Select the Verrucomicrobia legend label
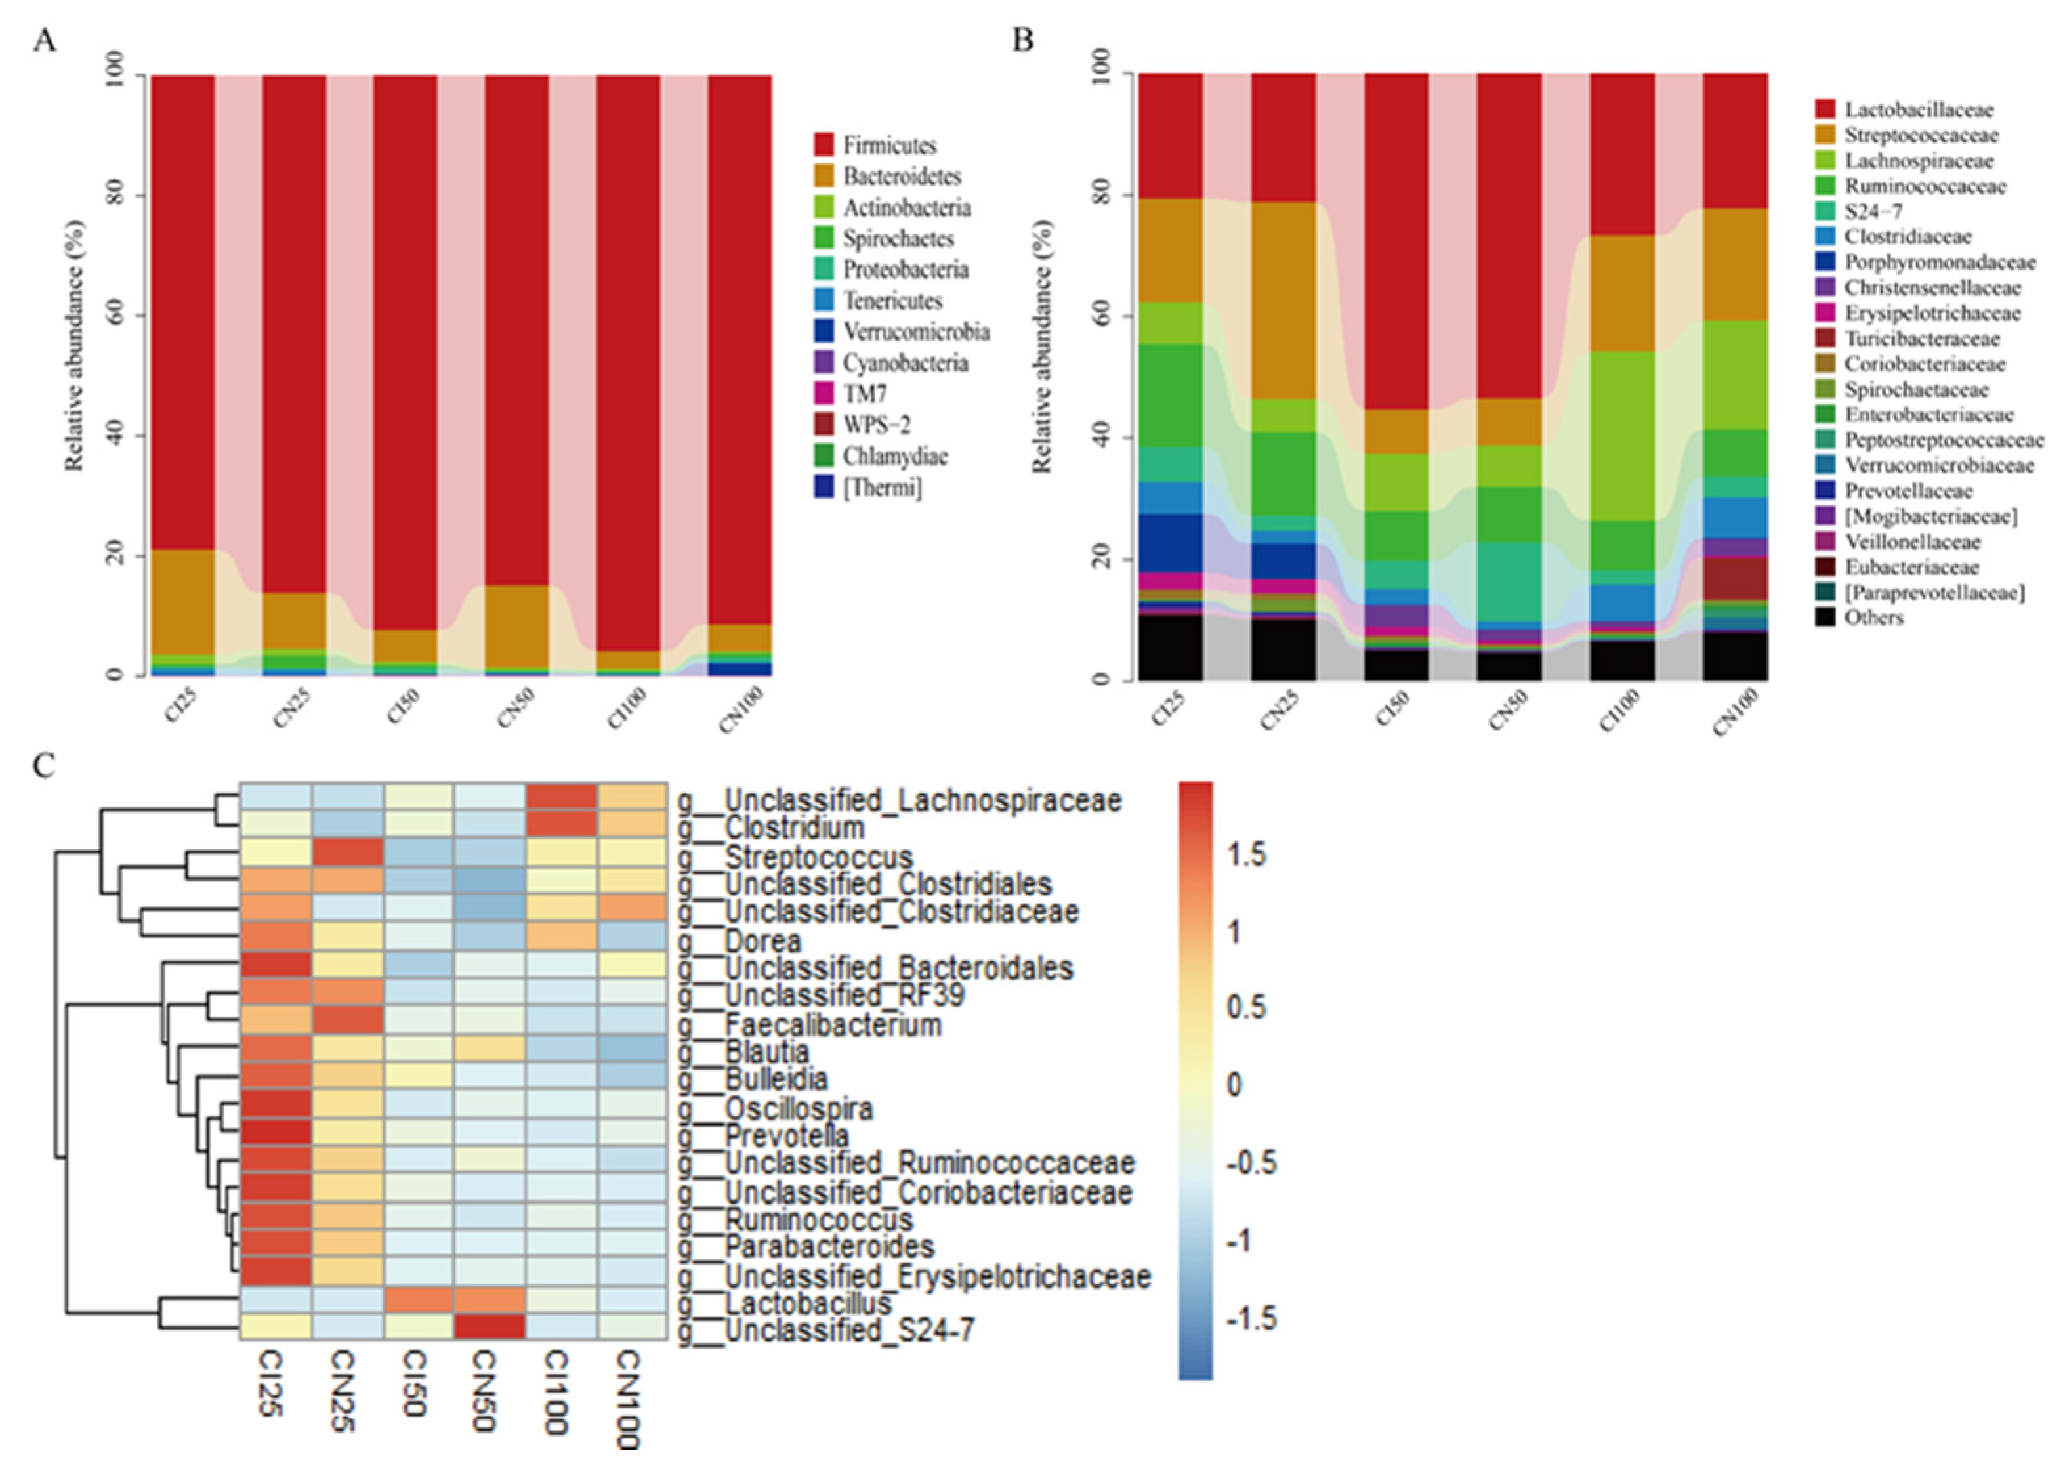pos(916,332)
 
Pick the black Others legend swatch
pos(1825,618)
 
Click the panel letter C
pos(43,766)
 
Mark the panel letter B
pos(1022,40)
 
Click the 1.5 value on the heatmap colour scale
pos(1246,854)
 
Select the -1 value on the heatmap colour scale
pos(1240,1240)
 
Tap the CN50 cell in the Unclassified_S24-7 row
pos(490,1327)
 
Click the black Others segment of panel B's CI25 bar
pos(1171,647)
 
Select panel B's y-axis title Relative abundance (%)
pos(1042,345)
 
